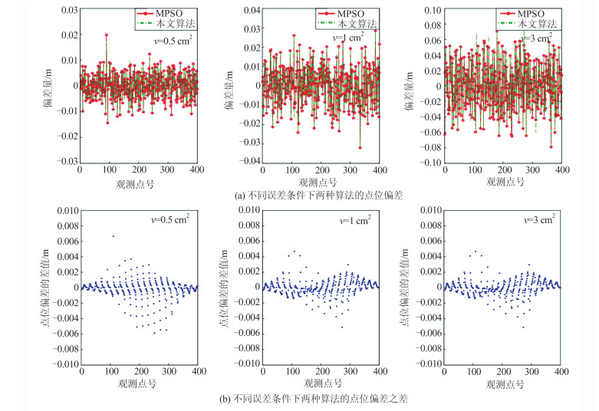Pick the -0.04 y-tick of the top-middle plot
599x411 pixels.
248,162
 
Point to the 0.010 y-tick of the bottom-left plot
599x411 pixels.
64,209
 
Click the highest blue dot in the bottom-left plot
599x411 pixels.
113,236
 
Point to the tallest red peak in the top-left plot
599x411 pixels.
107,35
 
